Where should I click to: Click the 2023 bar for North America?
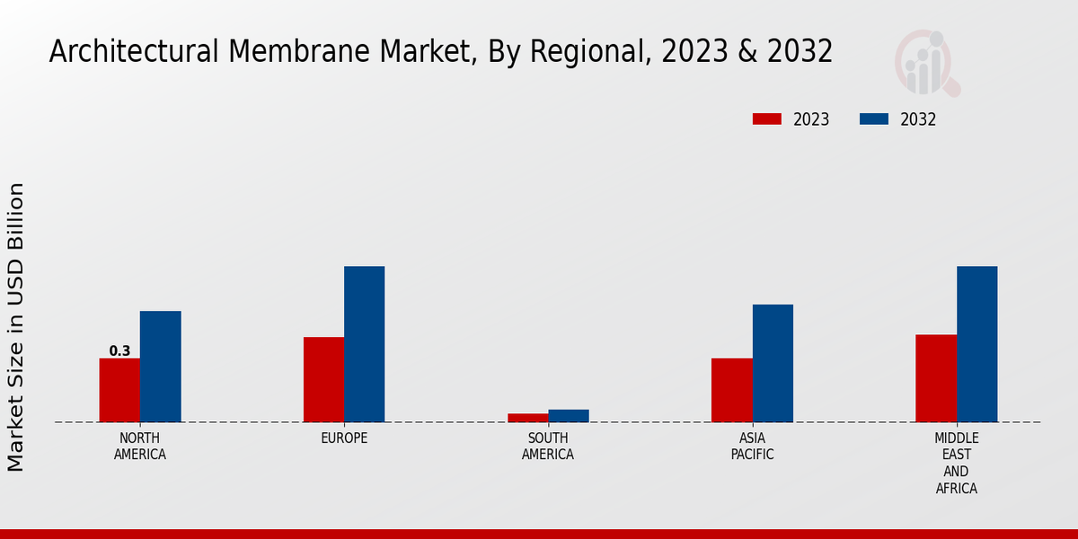119,390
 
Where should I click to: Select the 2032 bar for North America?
160,367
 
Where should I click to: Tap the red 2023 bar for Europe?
323,379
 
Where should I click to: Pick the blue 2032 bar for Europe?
364,344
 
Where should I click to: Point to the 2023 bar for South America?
527,418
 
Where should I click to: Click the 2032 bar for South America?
569,416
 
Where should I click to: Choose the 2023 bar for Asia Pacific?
731,390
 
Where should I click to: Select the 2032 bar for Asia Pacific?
773,363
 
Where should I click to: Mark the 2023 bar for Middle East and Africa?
936,378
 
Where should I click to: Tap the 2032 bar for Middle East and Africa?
976,344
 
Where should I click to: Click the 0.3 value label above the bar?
119,351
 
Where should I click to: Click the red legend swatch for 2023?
767,119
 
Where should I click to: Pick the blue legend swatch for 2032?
874,119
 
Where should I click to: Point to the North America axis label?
139,446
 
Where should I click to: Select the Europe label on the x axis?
344,438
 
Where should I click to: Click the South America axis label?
548,446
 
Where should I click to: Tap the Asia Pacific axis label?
752,446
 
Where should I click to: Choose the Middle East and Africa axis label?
956,464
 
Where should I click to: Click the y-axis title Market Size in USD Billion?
16,327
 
